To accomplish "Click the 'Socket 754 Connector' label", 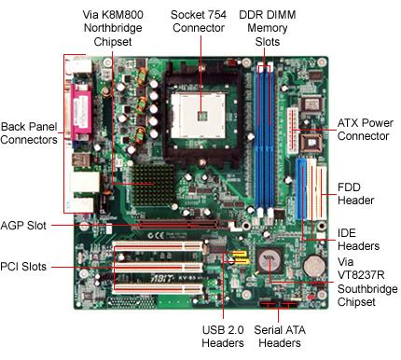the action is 199,21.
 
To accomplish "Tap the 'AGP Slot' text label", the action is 23,226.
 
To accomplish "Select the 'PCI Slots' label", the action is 23,267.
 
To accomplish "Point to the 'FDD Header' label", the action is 355,194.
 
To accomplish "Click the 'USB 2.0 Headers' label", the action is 223,337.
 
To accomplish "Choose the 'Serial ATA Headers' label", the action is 280,337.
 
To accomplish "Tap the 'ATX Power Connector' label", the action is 366,130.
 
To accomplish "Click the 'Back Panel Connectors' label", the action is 29,133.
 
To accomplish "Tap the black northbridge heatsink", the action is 154,185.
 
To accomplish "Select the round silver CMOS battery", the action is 314,267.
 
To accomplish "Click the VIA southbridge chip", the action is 270,261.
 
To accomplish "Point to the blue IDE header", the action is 301,189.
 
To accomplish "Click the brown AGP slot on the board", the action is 184,225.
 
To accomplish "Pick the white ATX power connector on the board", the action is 293,131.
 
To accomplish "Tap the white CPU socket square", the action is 199,116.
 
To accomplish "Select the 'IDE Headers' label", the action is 358,240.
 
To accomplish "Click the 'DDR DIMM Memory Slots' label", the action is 268,28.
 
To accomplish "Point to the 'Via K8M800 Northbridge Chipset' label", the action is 113,28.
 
